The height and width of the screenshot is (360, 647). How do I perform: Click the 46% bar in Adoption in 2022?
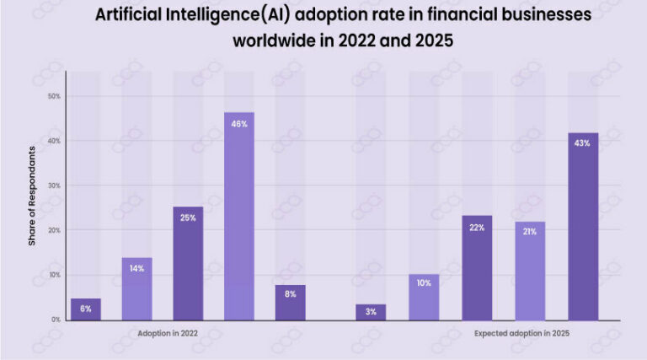click(238, 216)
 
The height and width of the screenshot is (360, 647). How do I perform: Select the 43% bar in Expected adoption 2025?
click(583, 226)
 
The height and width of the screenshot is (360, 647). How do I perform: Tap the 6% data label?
click(86, 309)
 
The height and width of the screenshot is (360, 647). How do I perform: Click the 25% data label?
click(188, 218)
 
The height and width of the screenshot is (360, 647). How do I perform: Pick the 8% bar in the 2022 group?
click(290, 302)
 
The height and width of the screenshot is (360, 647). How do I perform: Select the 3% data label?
click(371, 312)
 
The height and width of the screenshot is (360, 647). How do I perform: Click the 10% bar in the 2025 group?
click(424, 297)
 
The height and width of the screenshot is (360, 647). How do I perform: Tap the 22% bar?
click(477, 267)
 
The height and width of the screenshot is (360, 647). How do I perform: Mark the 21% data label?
click(530, 232)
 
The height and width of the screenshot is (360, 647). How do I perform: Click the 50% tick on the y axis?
click(55, 96)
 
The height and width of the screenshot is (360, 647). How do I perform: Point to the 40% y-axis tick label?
click(55, 141)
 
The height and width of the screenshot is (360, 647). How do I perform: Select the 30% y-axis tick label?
click(55, 185)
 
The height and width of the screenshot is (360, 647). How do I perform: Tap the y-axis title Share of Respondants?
click(32, 196)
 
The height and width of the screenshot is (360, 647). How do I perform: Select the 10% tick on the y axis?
click(55, 275)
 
